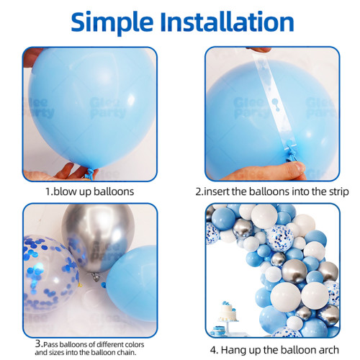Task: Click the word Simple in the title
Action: (112, 23)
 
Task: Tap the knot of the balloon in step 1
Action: (90, 174)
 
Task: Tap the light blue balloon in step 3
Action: (132, 283)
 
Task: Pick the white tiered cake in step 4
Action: (228, 312)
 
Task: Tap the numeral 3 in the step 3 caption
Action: (38, 343)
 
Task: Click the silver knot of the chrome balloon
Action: (96, 276)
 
